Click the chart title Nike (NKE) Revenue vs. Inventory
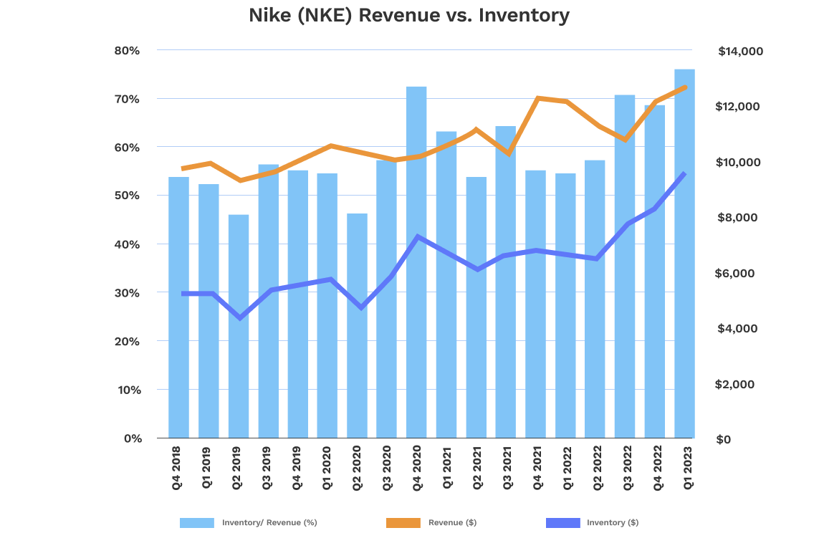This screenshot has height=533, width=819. pos(409,16)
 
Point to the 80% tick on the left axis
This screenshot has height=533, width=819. pos(126,51)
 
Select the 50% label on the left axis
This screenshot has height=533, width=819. pos(126,196)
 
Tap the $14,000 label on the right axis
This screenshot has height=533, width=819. pos(740,52)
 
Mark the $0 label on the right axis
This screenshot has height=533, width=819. pos(724,439)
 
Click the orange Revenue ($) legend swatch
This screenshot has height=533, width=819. pos(403,523)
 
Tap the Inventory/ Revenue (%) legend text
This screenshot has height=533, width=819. pos(269,523)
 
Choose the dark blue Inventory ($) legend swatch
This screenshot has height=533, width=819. pos(562,523)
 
